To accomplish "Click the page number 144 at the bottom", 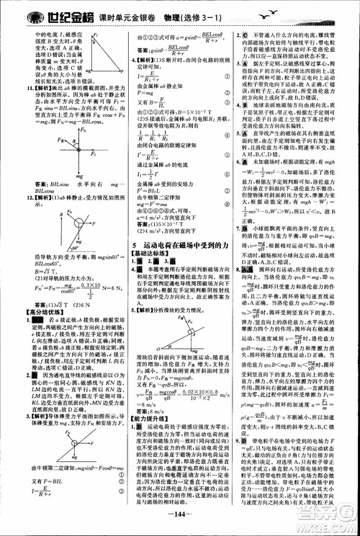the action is point(179,524).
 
